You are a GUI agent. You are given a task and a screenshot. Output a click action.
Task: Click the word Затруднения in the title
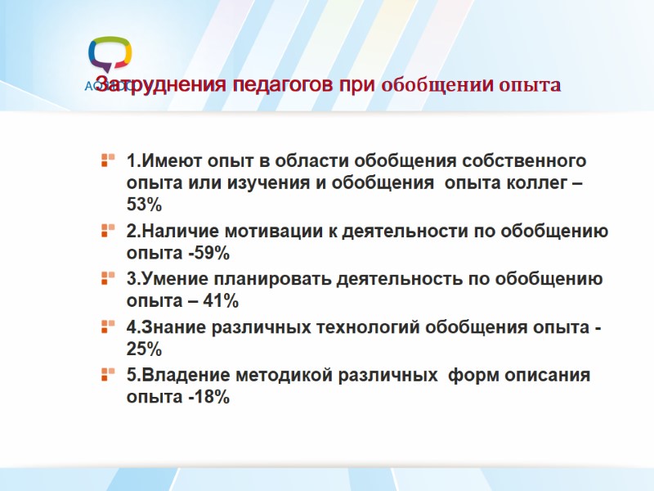[x=157, y=85]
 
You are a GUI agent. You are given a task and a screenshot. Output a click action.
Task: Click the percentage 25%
[x=144, y=349]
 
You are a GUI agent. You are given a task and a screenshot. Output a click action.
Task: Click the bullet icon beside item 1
[x=107, y=158]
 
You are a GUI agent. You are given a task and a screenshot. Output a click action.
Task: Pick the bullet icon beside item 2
[x=107, y=230]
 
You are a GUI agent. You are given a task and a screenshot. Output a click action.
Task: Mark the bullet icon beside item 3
[x=107, y=278]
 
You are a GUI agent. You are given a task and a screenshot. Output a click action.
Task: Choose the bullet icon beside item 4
[x=107, y=327]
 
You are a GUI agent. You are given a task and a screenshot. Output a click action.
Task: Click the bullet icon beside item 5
[x=107, y=375]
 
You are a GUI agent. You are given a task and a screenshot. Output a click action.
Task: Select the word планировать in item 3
[x=280, y=278]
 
